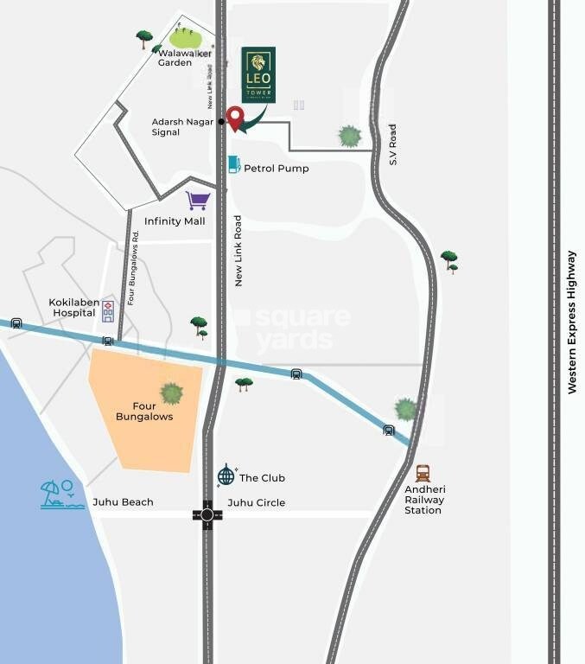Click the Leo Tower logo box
pos(258,75)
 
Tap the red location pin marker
pos(234,118)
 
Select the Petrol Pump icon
pos(233,164)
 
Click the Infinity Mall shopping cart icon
pos(198,201)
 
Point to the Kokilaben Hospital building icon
pos(107,310)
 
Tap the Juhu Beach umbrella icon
pos(61,495)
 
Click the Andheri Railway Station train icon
pos(423,473)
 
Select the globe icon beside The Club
pos(226,475)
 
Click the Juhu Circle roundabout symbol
pos(207,515)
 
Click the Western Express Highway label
pos(571,322)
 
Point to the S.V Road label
pos(391,145)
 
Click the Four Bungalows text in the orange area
pos(144,411)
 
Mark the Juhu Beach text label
pos(123,502)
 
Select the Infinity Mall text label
pos(175,221)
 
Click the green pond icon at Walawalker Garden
pos(185,37)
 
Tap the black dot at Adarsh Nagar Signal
pos(221,122)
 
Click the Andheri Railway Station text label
pos(424,500)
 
